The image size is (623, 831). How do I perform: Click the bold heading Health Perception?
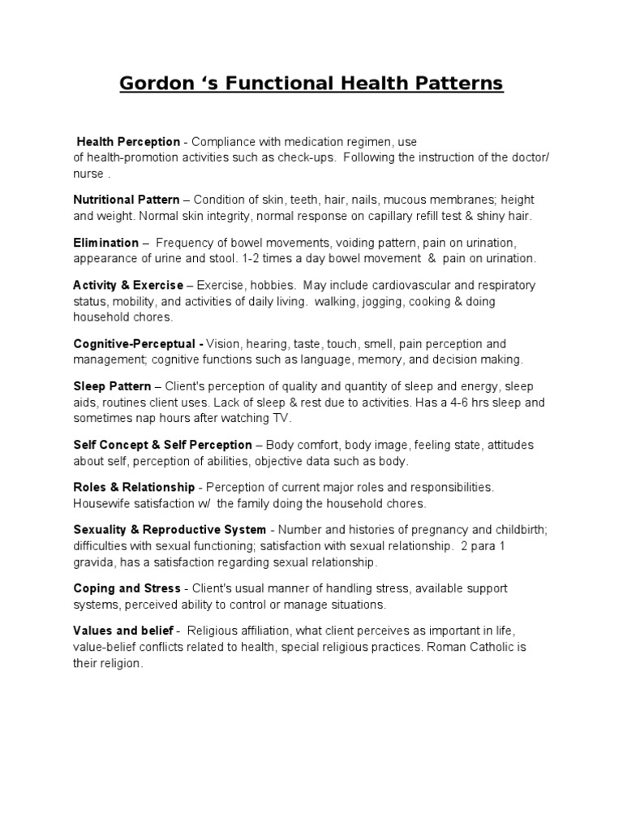pyautogui.click(x=128, y=142)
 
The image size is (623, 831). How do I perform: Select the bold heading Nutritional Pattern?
pyautogui.click(x=127, y=200)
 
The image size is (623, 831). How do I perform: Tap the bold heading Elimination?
pyautogui.click(x=105, y=243)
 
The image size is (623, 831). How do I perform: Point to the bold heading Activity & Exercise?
pyautogui.click(x=128, y=286)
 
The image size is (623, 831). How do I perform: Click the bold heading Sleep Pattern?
pyautogui.click(x=112, y=386)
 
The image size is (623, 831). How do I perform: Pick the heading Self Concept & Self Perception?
pyautogui.click(x=162, y=445)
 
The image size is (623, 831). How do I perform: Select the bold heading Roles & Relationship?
pyautogui.click(x=134, y=487)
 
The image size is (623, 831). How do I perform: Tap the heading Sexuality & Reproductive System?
pyautogui.click(x=169, y=530)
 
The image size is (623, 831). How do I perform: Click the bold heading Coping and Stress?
pyautogui.click(x=127, y=588)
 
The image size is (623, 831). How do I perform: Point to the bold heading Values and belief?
pyautogui.click(x=123, y=631)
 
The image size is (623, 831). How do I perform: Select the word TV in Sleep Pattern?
pyautogui.click(x=281, y=418)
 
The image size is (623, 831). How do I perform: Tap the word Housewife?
pyautogui.click(x=101, y=503)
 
